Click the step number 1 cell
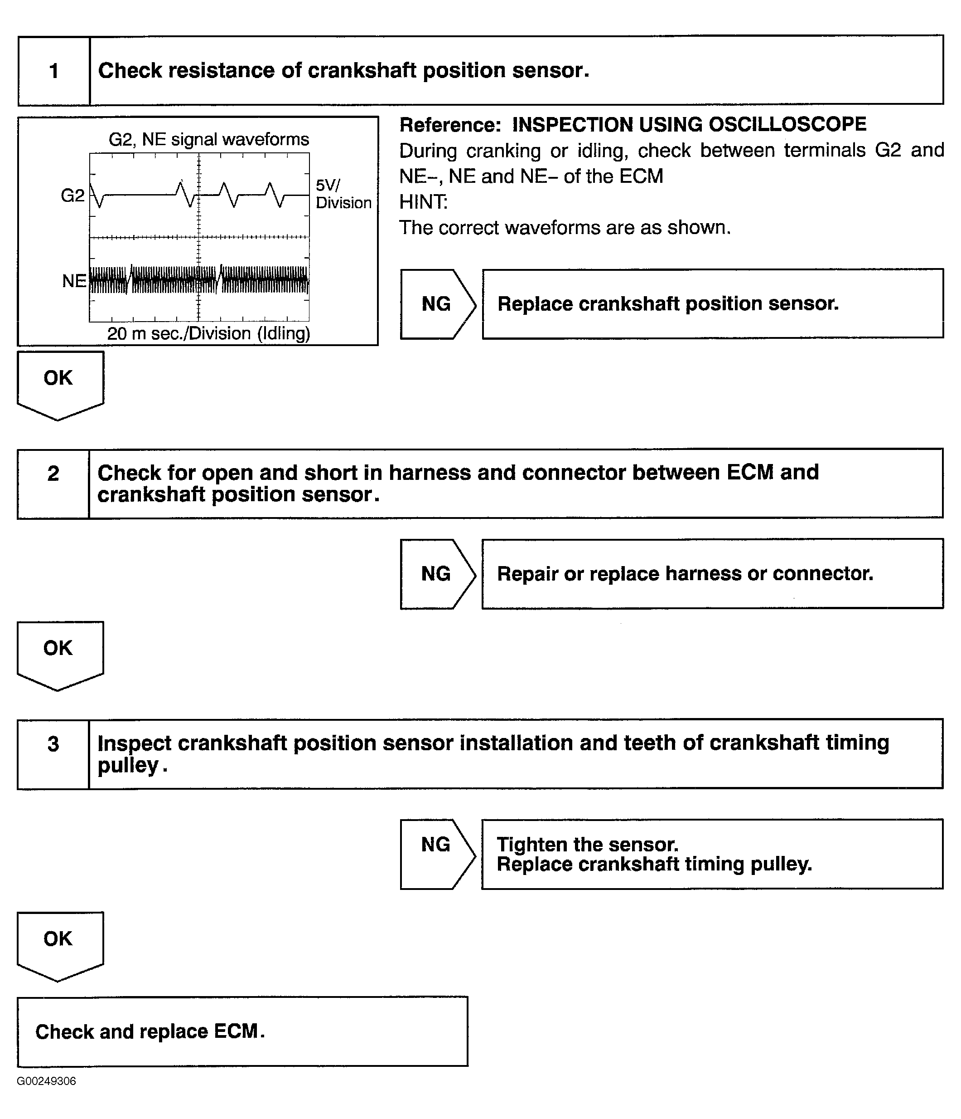pyautogui.click(x=53, y=71)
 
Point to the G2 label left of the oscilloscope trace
pyautogui.click(x=72, y=195)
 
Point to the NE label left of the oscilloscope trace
pyautogui.click(x=74, y=281)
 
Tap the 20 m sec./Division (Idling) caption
pyautogui.click(x=208, y=334)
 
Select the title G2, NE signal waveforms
pyautogui.click(x=209, y=140)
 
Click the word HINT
pyautogui.click(x=424, y=202)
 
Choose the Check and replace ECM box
pyautogui.click(x=242, y=1032)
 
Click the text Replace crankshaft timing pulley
pyautogui.click(x=654, y=864)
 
